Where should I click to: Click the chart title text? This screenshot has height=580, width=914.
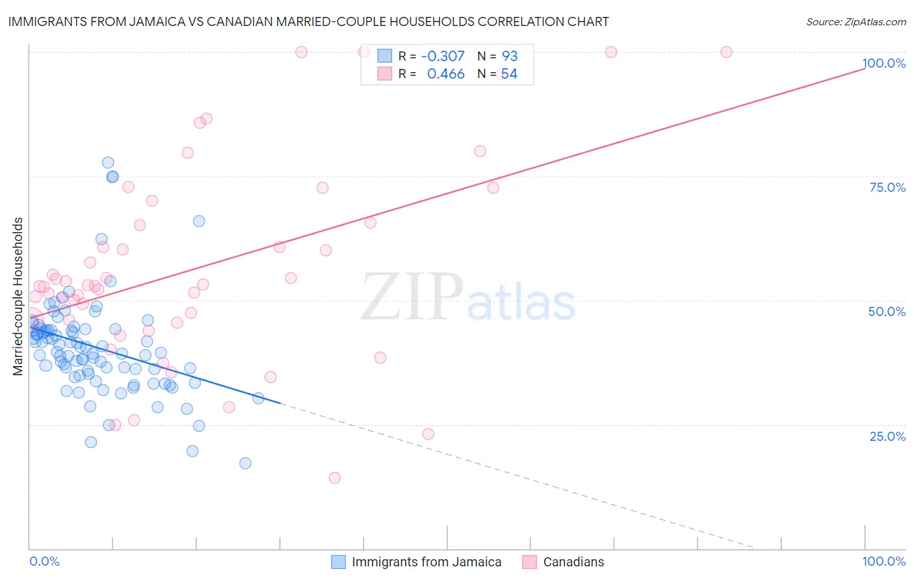[x=309, y=21]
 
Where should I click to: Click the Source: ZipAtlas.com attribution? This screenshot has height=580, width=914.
[x=855, y=21]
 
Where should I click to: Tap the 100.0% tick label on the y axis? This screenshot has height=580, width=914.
[x=883, y=63]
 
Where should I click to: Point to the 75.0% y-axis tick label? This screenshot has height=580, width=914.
[x=887, y=187]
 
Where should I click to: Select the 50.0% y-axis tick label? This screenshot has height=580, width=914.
[x=887, y=311]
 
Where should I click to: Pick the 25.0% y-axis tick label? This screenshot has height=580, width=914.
[x=887, y=436]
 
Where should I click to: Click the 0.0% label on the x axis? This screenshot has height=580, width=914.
[x=44, y=561]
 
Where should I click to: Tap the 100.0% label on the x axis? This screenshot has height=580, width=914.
[x=883, y=561]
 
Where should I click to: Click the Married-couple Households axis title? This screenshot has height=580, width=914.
[x=18, y=297]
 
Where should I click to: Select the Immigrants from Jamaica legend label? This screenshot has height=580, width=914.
[x=426, y=562]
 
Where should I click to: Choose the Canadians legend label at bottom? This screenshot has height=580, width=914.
[x=573, y=562]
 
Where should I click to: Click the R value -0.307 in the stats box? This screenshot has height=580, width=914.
[x=443, y=56]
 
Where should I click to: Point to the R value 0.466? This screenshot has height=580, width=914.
[x=445, y=74]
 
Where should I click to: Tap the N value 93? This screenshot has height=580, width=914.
[x=510, y=56]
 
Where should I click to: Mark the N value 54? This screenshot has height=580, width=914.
[x=509, y=74]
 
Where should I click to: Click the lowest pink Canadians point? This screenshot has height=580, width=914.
[x=335, y=478]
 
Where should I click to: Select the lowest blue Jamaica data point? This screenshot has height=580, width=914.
[x=245, y=463]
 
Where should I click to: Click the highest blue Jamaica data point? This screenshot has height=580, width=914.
[x=108, y=163]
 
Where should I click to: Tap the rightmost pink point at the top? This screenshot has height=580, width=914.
[x=726, y=52]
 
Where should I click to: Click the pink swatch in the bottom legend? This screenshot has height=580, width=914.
[x=529, y=562]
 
